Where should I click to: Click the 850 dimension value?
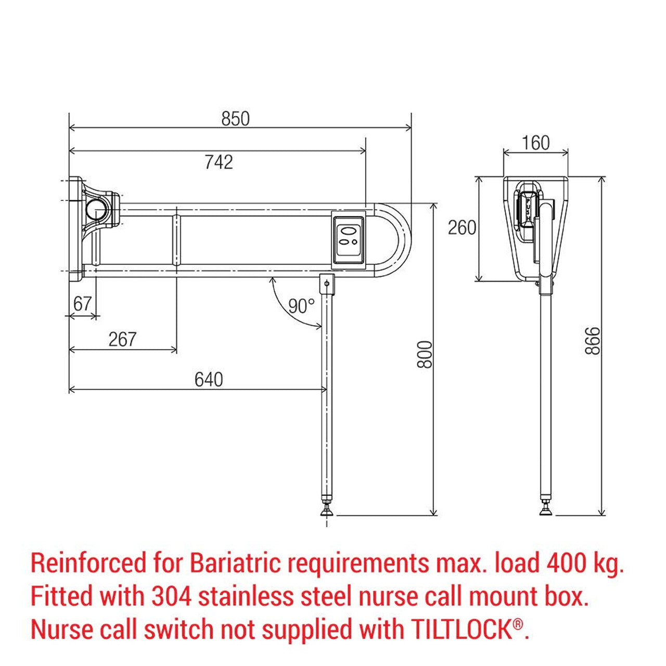(236, 119)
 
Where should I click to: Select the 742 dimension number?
(219, 162)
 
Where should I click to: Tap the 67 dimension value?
(82, 304)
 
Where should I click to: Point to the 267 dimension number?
(122, 339)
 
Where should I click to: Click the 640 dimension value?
(209, 379)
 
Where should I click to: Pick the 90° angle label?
(302, 306)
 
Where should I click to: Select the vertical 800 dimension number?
(425, 354)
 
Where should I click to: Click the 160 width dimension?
(535, 143)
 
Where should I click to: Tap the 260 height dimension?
(462, 227)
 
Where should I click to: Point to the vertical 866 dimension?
(592, 341)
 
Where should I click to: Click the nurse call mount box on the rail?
(349, 240)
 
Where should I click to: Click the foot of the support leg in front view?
(327, 512)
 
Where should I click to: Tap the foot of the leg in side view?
(546, 512)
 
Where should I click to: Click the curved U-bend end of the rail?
(398, 240)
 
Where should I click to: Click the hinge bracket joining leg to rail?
(327, 284)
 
